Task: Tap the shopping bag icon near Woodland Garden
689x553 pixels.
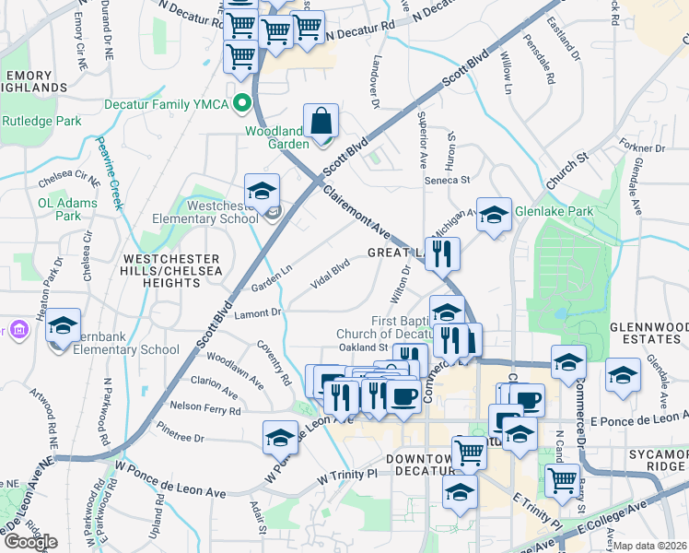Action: coord(321,121)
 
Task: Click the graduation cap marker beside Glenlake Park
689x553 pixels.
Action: coord(494,215)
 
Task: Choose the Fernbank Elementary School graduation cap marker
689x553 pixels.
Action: coord(63,325)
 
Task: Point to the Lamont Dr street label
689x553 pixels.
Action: coord(257,313)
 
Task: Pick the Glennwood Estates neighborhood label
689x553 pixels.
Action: coord(648,333)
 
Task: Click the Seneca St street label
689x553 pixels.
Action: coord(447,180)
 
